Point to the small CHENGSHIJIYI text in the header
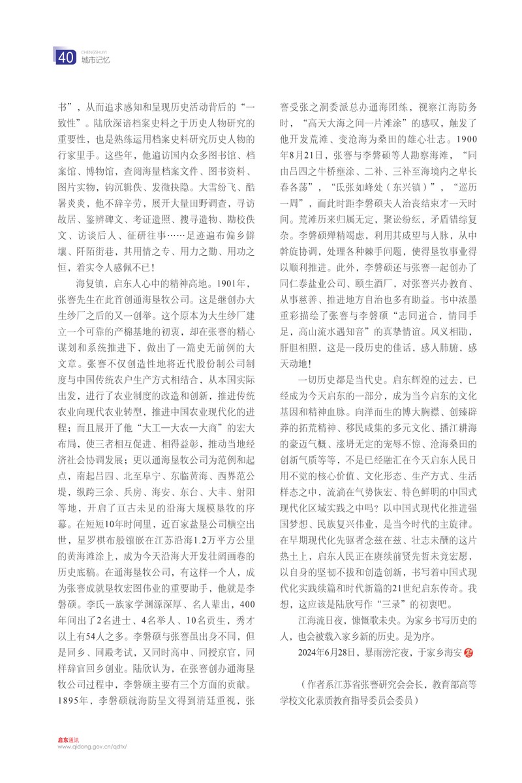93,50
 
